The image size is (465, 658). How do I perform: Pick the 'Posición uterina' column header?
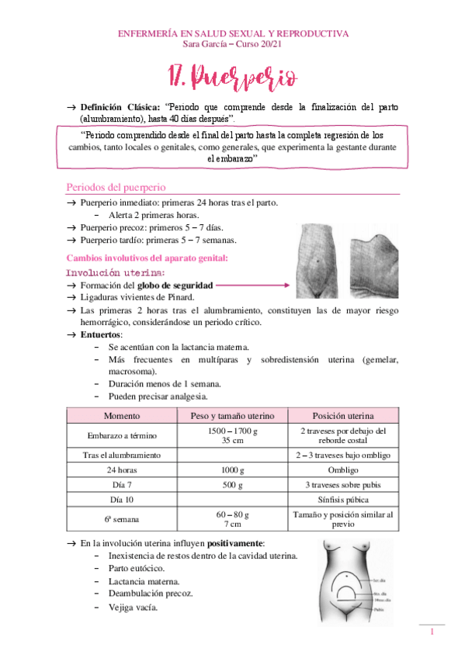(342, 414)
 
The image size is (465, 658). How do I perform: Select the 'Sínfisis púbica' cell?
(342, 499)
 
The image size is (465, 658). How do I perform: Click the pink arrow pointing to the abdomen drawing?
(253, 286)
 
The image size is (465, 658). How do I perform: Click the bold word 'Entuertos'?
(101, 334)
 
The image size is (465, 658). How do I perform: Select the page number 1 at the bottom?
(431, 633)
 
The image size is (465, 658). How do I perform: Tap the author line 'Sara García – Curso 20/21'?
(232, 44)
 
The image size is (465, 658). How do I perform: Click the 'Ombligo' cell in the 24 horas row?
(342, 469)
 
